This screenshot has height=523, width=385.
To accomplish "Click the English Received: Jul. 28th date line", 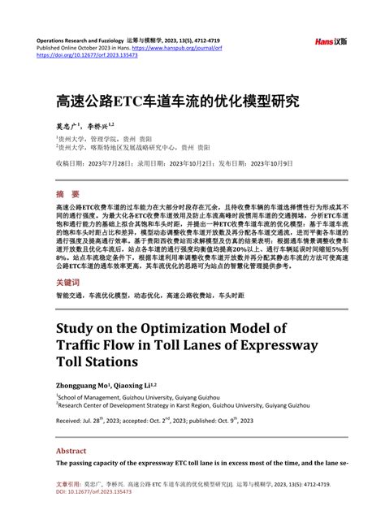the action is pyautogui.click(x=154, y=421).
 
